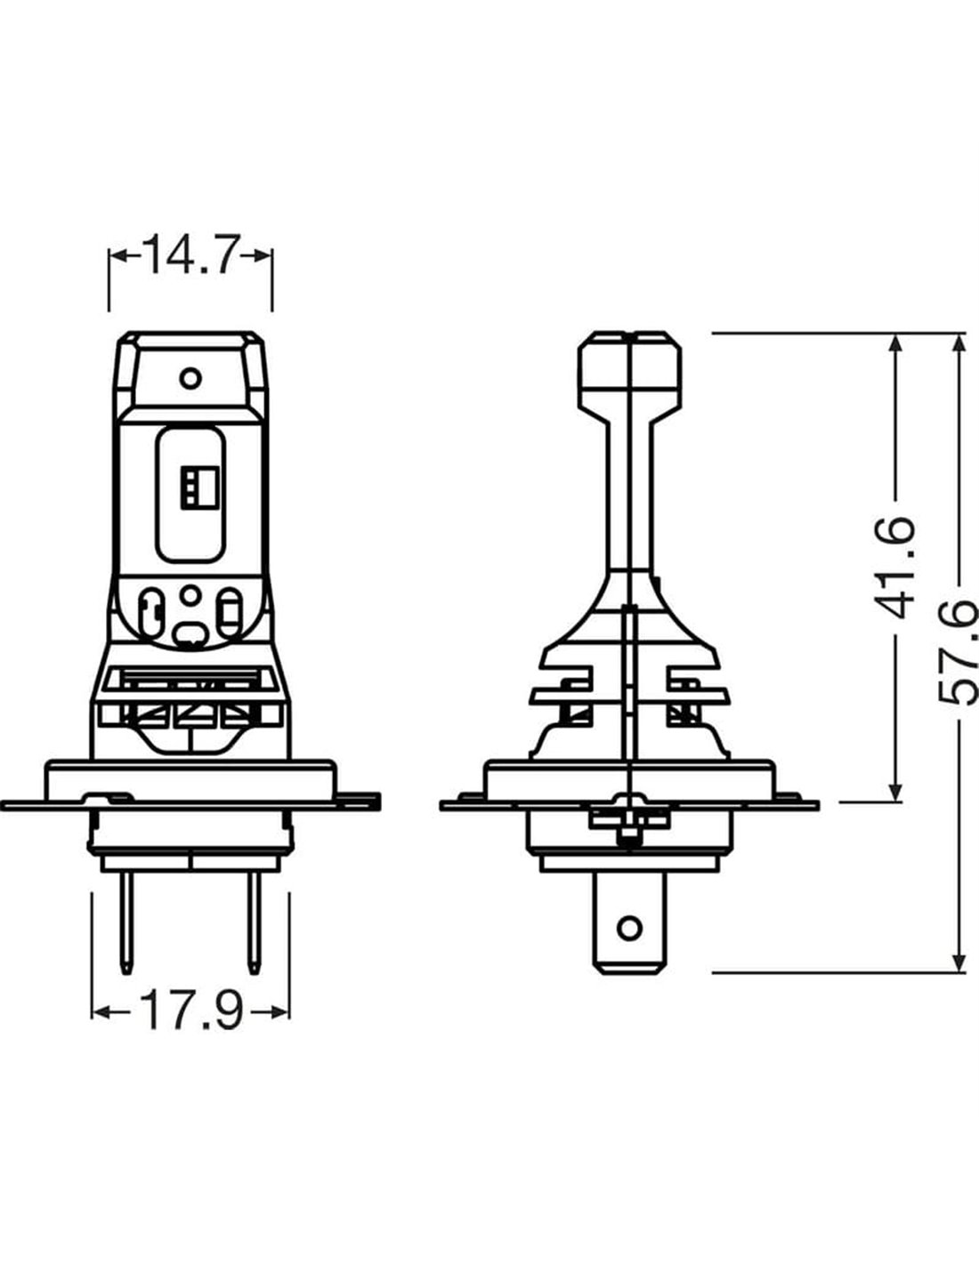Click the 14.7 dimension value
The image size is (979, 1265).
point(190,254)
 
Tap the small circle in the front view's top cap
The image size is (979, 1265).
point(190,378)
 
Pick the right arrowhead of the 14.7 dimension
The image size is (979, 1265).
point(263,255)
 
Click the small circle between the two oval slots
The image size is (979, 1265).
point(190,595)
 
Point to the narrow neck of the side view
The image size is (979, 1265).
point(630,495)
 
